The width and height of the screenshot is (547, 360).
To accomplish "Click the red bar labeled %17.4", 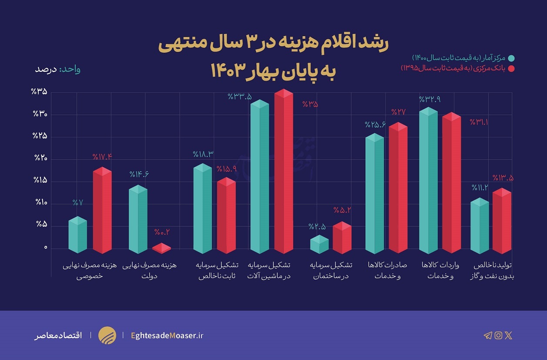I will [x=102, y=211].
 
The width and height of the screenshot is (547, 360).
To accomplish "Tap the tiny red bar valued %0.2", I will [x=161, y=249].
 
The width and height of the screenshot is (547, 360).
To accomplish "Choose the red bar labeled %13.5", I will [x=501, y=222].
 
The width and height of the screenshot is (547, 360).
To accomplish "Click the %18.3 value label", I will [x=203, y=154].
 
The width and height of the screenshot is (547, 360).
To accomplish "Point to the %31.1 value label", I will [x=478, y=122].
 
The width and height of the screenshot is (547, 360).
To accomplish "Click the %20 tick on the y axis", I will [x=40, y=158].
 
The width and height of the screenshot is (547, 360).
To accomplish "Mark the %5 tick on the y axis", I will [x=41, y=224].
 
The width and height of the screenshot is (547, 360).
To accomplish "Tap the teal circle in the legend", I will [x=511, y=58].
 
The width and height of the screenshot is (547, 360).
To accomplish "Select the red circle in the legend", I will [x=511, y=68].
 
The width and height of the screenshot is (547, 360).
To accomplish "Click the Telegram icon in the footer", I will [x=487, y=335].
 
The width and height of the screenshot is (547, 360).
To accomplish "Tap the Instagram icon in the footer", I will [x=498, y=335].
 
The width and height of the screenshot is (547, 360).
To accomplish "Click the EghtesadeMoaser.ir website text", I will [x=167, y=335].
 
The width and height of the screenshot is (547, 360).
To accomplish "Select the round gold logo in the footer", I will [x=107, y=335].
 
